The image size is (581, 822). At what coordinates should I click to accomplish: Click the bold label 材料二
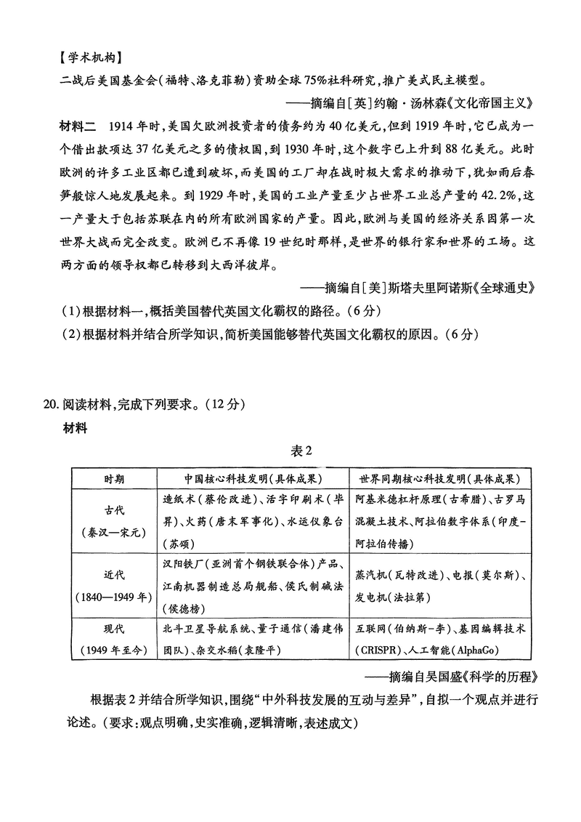click(x=77, y=127)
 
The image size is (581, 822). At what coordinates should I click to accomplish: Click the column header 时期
click(x=113, y=479)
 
